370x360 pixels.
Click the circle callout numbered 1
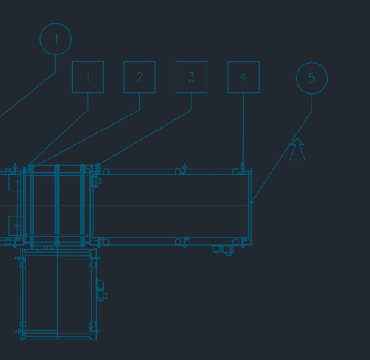coord(56,24)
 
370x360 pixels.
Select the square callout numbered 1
coord(88,62)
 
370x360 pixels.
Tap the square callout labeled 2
coord(139,62)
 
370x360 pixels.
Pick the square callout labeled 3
coord(191,62)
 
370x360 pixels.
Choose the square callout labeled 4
coord(244,62)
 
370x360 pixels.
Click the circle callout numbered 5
coord(312,63)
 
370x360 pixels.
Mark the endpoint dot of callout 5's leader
coord(251,203)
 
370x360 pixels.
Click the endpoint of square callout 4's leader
coord(243,164)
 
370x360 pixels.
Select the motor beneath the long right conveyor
coord(223,250)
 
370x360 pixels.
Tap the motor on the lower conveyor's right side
coord(101,290)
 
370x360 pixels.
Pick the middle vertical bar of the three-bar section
coord(57,205)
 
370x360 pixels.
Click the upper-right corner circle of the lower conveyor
coord(93,265)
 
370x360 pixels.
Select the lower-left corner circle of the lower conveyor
coord(23,324)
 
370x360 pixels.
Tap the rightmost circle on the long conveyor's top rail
coord(235,172)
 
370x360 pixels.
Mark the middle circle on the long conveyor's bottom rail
coord(178,242)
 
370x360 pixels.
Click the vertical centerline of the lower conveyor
coord(58,294)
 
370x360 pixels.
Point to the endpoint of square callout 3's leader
coord(98,166)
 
